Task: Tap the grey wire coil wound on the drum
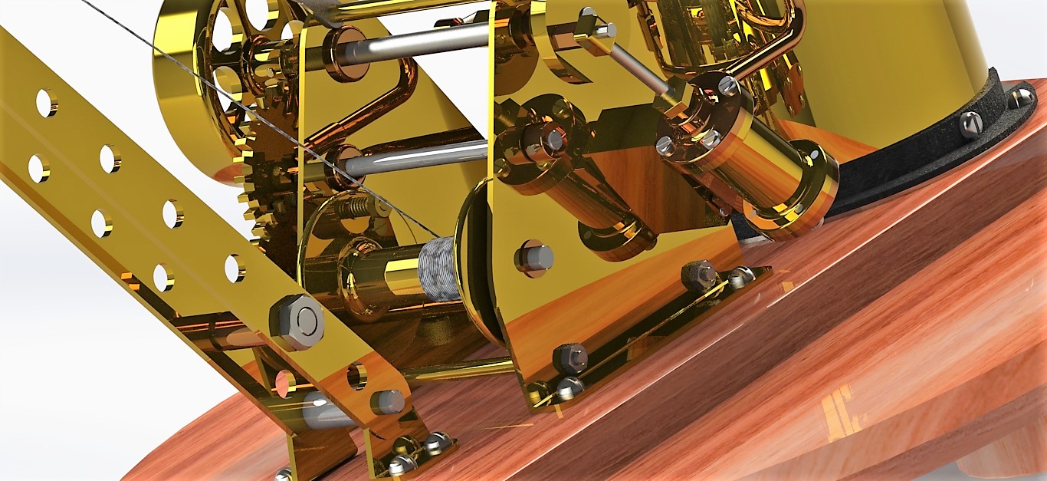point(438,269)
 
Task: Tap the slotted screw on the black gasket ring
point(971,124)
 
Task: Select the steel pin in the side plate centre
point(534,258)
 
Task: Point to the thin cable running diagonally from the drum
point(230,100)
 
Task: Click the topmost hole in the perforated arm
point(46,103)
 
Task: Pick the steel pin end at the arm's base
point(387,401)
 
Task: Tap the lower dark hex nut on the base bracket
point(570,357)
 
